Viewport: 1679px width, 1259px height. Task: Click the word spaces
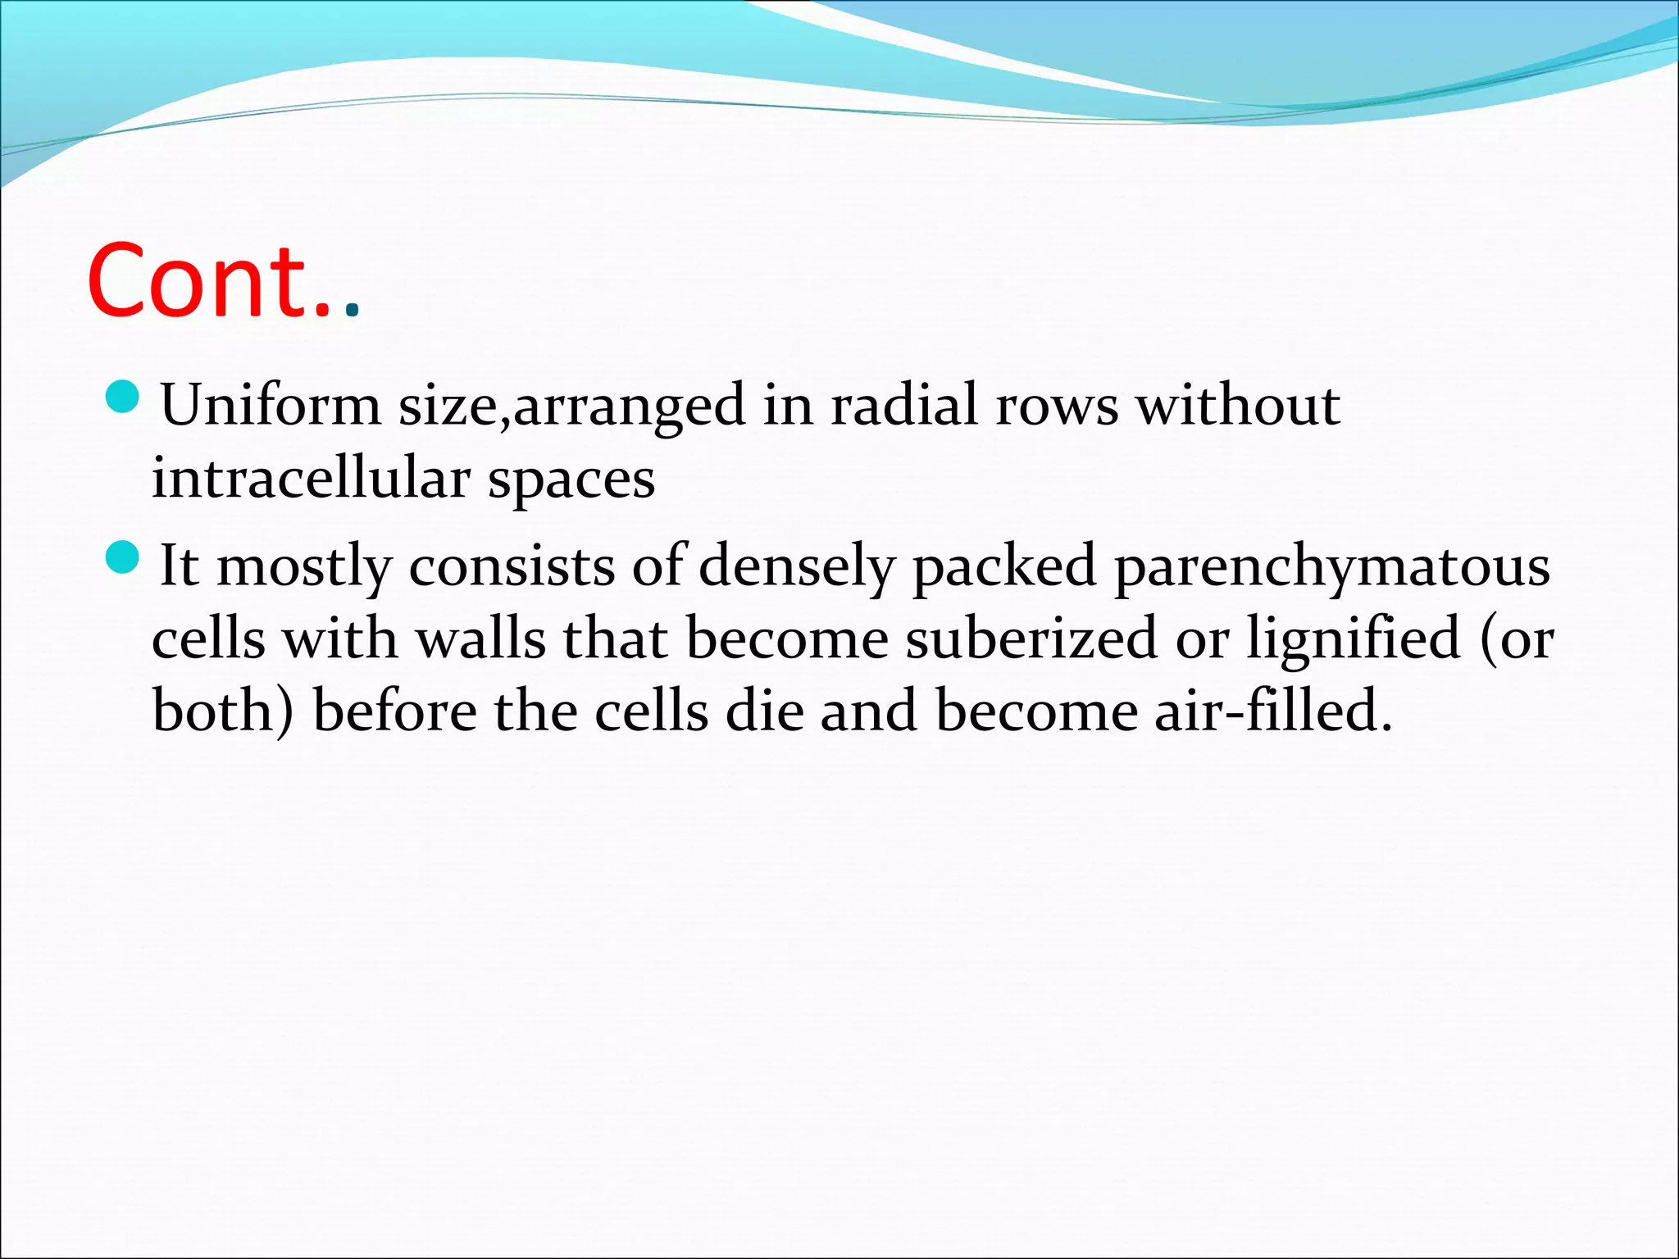(571, 480)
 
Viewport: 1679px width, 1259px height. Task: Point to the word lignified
(1354, 639)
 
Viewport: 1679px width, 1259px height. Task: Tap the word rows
(1057, 406)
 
